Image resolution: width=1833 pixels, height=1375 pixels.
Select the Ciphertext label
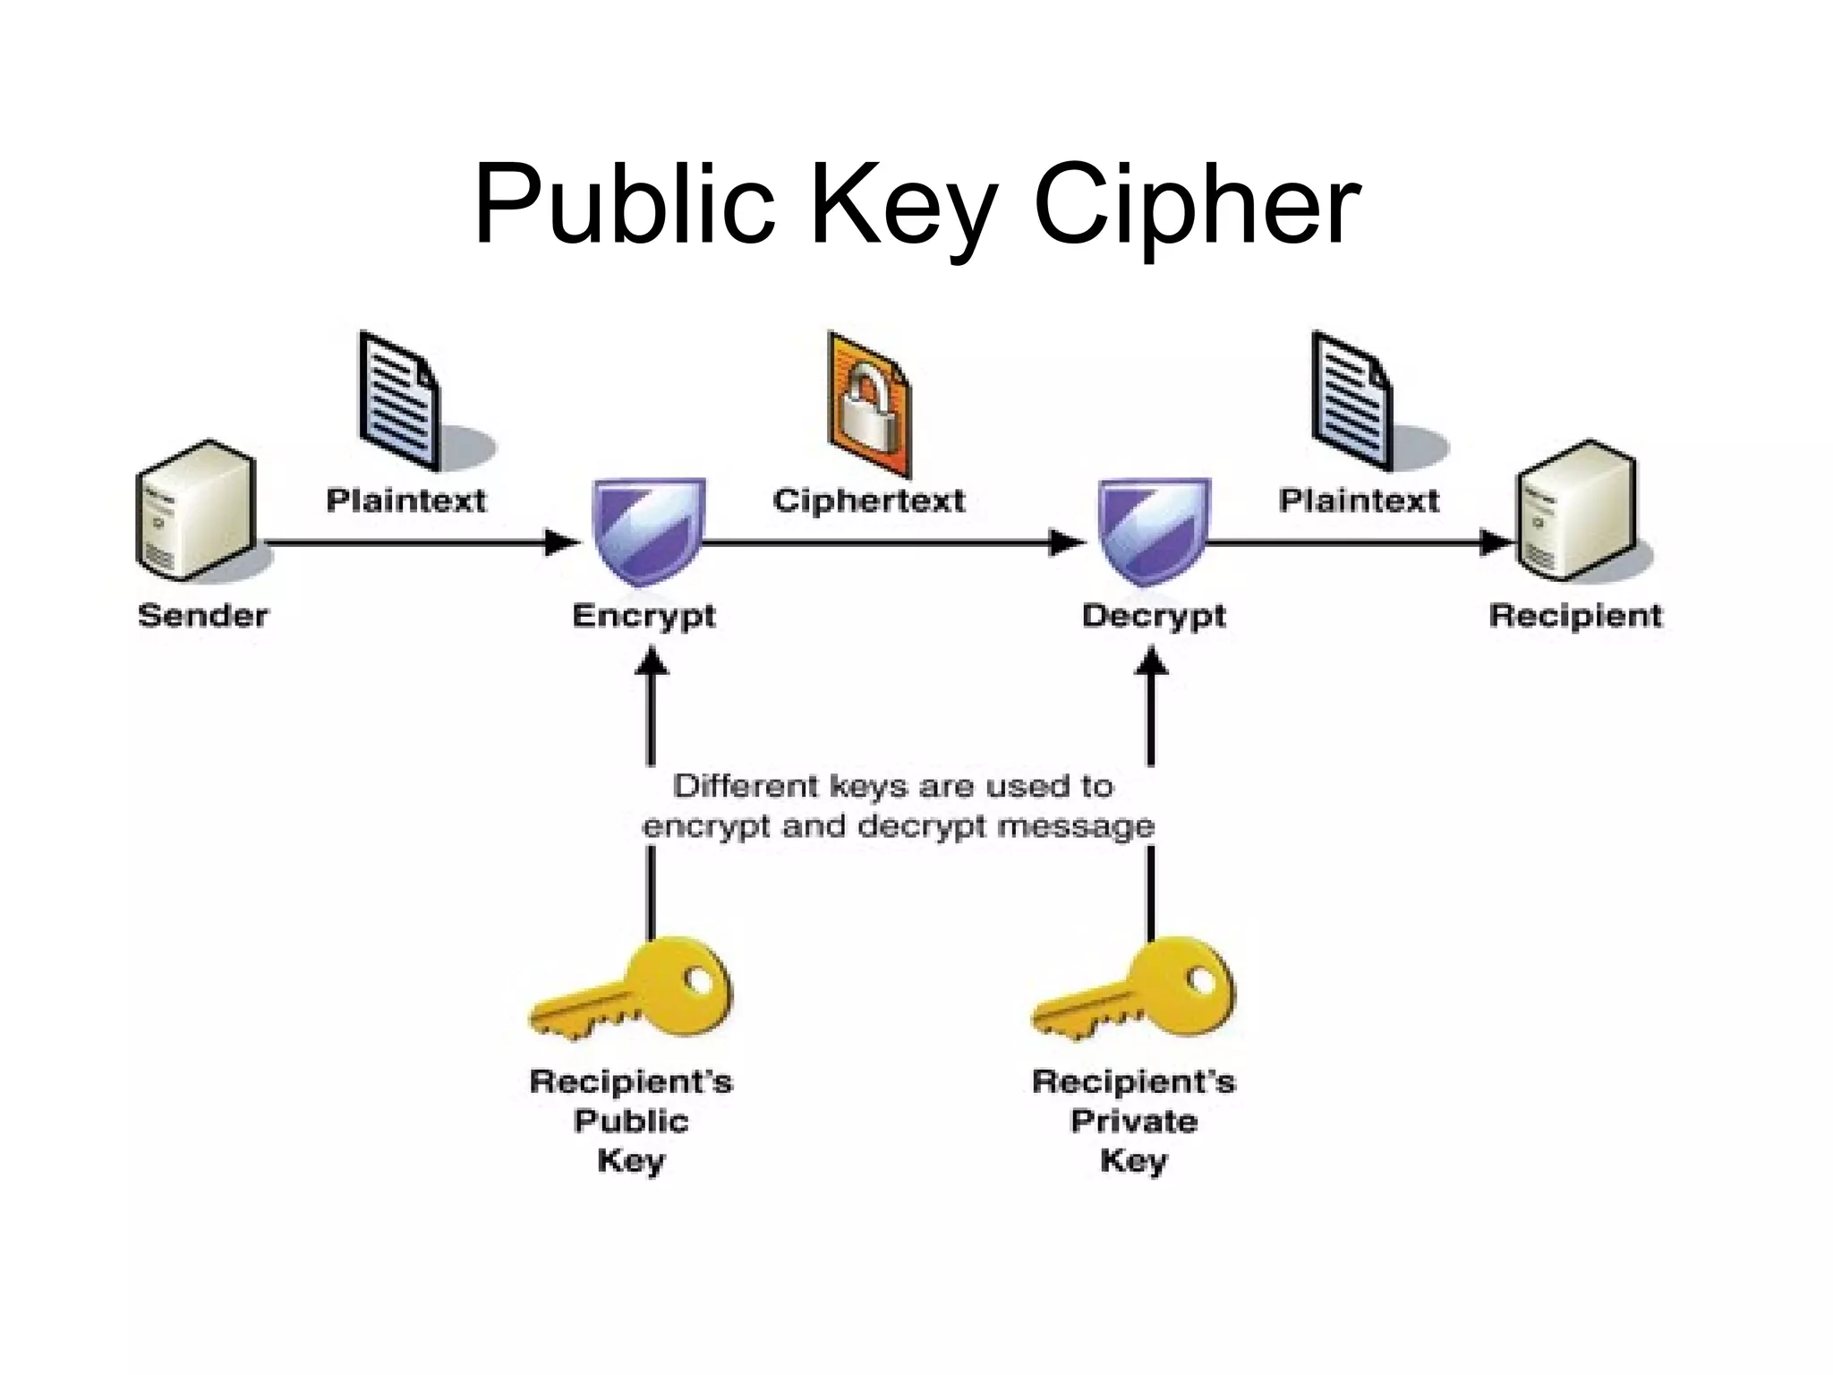pos(869,500)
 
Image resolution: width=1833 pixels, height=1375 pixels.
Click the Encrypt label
pos(644,616)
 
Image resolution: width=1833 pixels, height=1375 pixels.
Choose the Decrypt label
pos(1154,616)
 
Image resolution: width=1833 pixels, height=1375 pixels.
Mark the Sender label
pos(203,616)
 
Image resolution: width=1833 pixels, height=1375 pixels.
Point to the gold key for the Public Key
pos(632,990)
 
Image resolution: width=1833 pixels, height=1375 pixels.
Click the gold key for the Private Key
pos(1135,990)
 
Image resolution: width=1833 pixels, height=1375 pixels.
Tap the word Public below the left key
pos(631,1121)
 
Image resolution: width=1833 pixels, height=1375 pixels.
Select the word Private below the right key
pos(1134,1121)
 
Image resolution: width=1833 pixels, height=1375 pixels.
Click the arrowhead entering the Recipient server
pos(1496,542)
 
